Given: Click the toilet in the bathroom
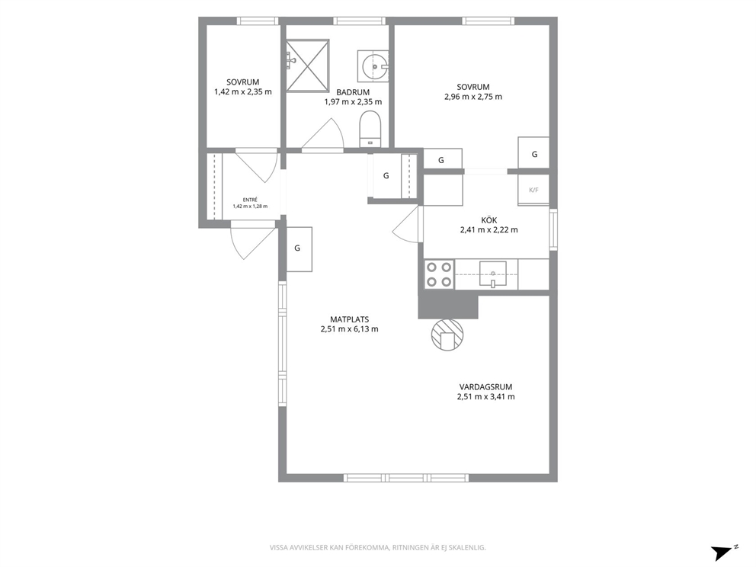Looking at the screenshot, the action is pos(370,128).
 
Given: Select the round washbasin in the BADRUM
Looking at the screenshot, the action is pos(374,66).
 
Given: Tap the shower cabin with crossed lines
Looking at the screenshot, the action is pos(308,65).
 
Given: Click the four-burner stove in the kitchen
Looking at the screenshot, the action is pos(439,274).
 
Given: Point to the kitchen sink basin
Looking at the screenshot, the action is pos(493,274).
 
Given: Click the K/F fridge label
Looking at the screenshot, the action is pos(533,190).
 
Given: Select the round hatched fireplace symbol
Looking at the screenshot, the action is pos(447,335).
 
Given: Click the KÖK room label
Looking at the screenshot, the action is pos(489,220).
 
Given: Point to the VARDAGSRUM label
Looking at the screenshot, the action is pos(485,386).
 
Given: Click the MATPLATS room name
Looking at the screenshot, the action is pos(350,319).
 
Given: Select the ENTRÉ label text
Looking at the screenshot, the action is pos(250,200).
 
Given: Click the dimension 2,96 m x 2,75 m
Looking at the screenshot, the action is pos(473,97).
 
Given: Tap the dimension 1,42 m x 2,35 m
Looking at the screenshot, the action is pos(243,91).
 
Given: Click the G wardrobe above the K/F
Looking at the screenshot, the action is pos(533,153).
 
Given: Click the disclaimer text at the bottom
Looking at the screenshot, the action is pos(377,547).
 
